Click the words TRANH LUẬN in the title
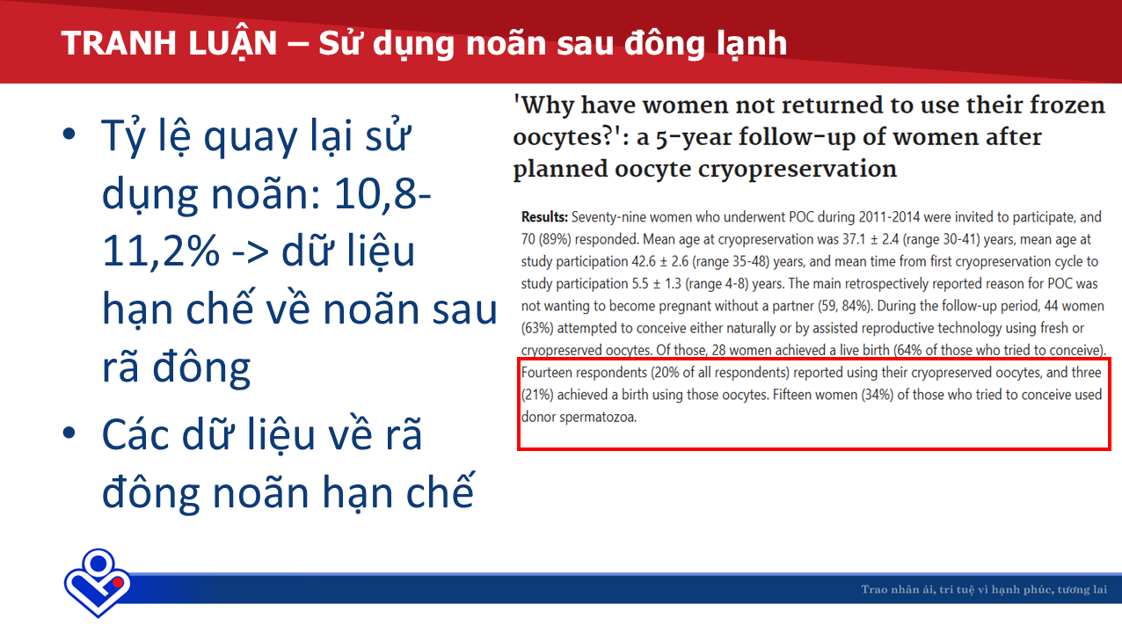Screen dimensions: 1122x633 (169, 44)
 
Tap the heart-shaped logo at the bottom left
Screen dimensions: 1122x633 (98, 582)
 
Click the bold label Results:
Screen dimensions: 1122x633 (544, 217)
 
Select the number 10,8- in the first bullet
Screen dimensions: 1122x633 (382, 193)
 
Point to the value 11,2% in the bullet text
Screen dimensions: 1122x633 (161, 251)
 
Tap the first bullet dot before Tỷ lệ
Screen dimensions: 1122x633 (69, 135)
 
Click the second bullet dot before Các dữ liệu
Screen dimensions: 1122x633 (69, 433)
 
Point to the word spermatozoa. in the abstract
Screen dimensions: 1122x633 (598, 417)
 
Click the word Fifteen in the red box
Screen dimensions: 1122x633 (792, 395)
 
